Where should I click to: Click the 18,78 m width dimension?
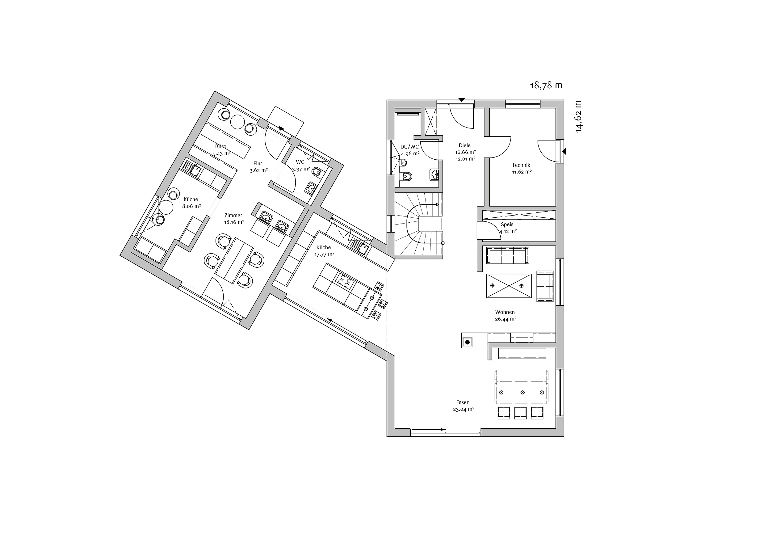tap(546, 86)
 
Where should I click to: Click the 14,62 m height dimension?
tap(578, 117)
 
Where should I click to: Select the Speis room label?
tap(507, 225)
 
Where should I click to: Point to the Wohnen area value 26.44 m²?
tap(506, 319)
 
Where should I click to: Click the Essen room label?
tap(463, 402)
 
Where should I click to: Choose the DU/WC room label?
tap(409, 147)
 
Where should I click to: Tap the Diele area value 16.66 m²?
tap(465, 152)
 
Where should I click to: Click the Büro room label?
tap(220, 147)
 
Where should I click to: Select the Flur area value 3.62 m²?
tap(258, 170)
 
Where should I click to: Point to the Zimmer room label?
tap(233, 216)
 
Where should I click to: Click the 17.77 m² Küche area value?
tap(325, 254)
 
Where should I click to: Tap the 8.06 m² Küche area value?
tap(192, 206)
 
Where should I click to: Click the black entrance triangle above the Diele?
tap(462, 100)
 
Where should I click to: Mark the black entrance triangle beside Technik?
tap(564, 152)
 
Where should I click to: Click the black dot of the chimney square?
tap(467, 342)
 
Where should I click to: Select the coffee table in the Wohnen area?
tap(509, 286)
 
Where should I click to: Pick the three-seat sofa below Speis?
tap(507, 256)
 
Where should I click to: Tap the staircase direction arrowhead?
tap(438, 204)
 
